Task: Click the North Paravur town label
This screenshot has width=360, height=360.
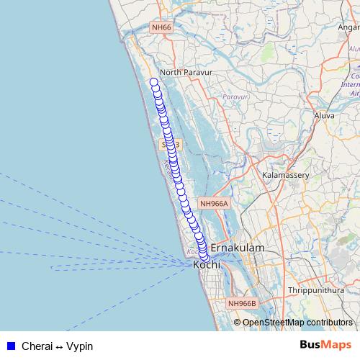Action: click(x=184, y=72)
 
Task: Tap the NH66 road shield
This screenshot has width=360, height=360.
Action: click(x=161, y=27)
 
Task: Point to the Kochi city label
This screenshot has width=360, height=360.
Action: click(x=207, y=266)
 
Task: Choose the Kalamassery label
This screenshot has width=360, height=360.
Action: click(x=286, y=175)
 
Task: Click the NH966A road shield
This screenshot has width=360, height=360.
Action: click(x=213, y=204)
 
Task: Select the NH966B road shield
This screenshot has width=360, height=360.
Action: click(x=242, y=303)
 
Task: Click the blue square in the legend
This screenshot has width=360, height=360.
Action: click(x=11, y=346)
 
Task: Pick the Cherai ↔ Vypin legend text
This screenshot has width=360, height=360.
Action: click(x=57, y=346)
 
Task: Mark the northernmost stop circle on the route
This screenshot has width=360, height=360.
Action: click(x=153, y=82)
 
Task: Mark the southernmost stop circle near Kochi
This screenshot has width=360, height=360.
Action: click(x=204, y=257)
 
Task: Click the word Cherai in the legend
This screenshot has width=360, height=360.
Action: click(x=36, y=346)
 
